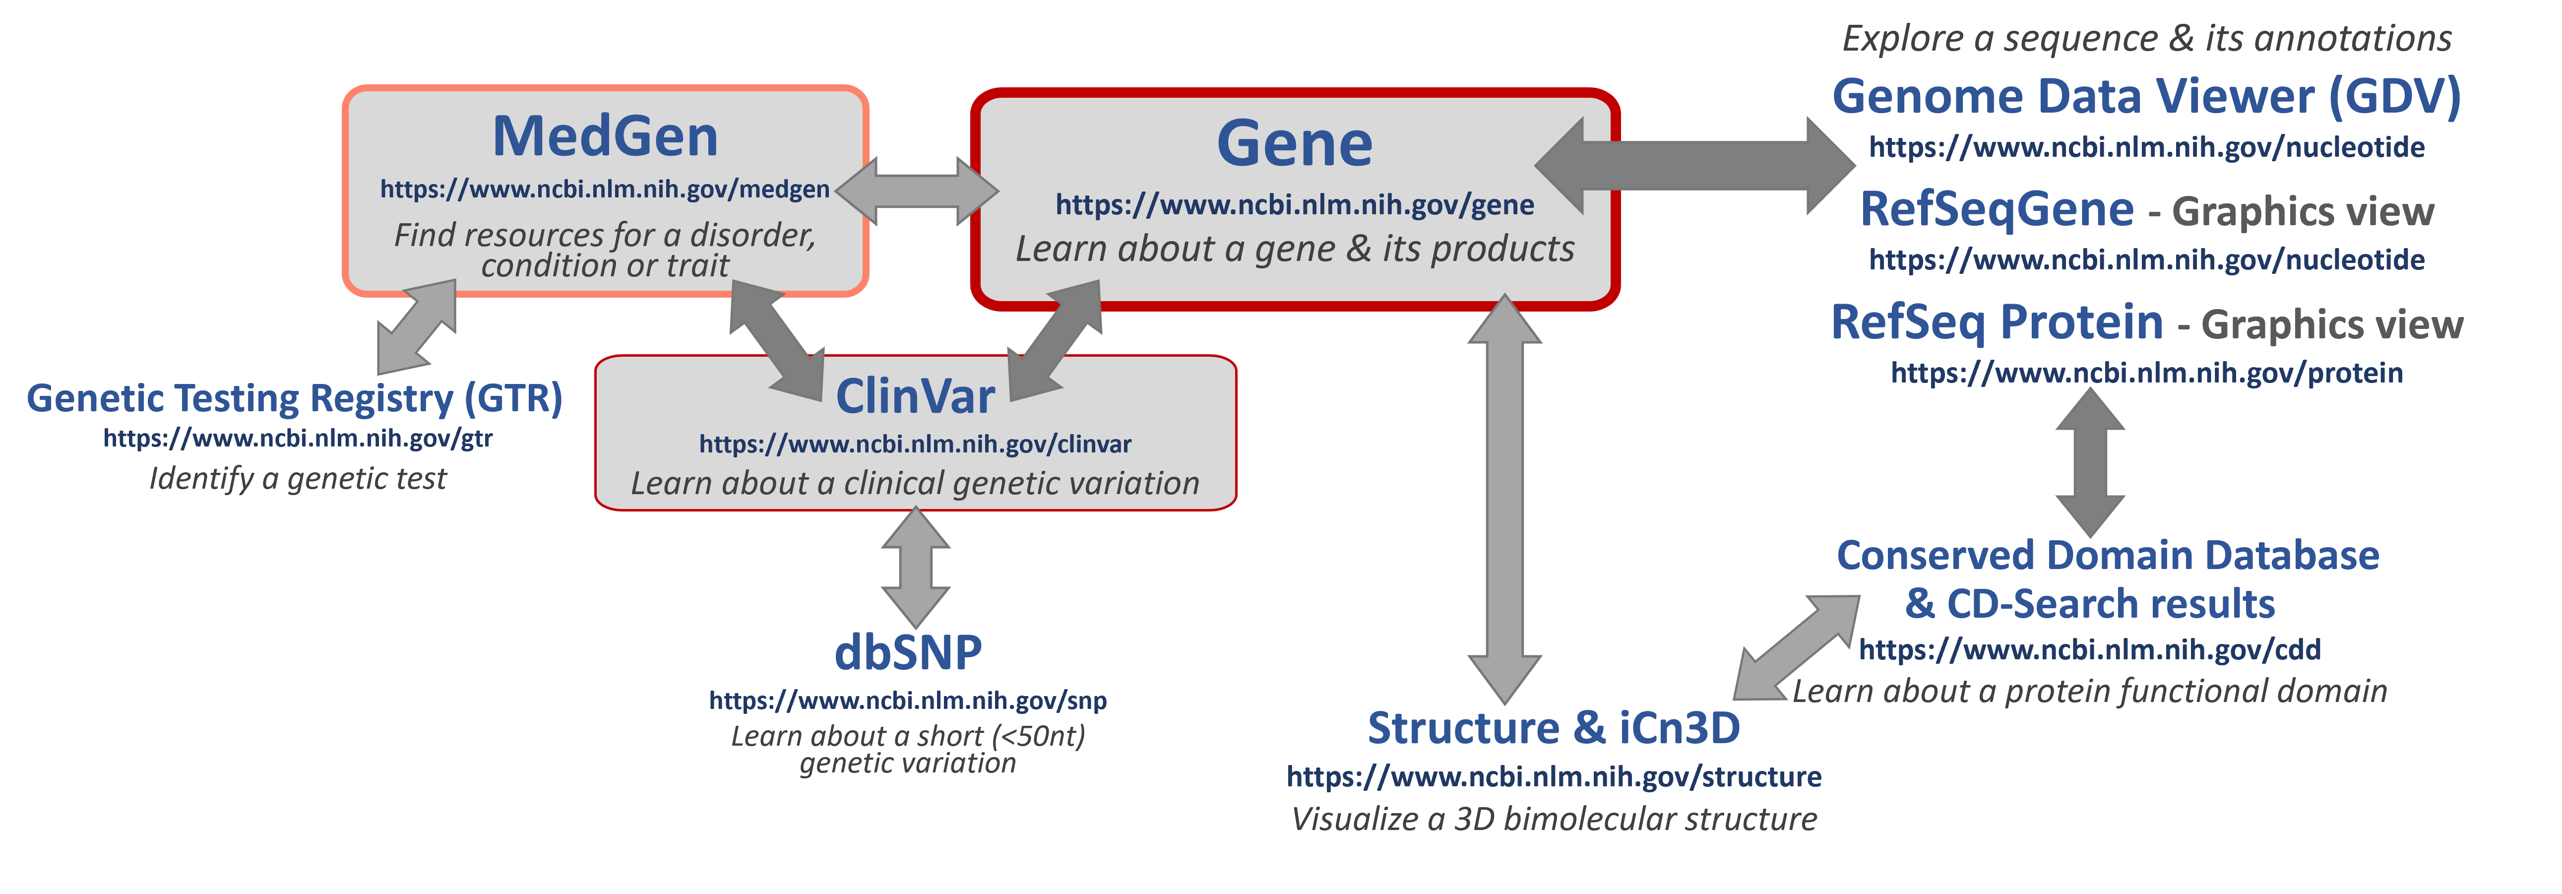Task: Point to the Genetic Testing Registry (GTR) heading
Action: click(294, 398)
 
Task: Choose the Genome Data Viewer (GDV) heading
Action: click(2145, 97)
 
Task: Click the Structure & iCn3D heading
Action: click(1554, 728)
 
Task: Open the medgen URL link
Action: click(605, 189)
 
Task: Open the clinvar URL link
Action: click(914, 444)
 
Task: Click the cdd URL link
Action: click(2090, 649)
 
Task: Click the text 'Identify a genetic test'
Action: click(298, 478)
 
